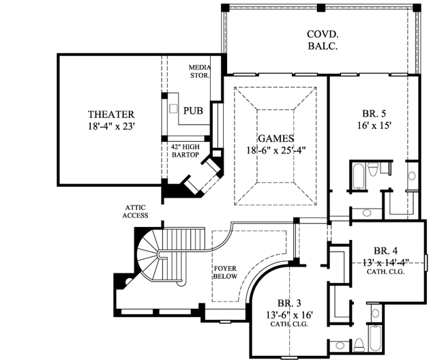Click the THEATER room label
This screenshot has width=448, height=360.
pyautogui.click(x=111, y=114)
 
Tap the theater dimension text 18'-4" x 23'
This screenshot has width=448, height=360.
pyautogui.click(x=111, y=126)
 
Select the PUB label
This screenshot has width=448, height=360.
pyautogui.click(x=193, y=110)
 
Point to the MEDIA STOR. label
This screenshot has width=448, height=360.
pyautogui.click(x=200, y=71)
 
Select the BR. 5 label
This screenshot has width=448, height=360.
pyautogui.click(x=372, y=114)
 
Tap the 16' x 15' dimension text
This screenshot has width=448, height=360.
pyautogui.click(x=372, y=126)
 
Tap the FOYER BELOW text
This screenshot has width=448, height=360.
pyautogui.click(x=225, y=273)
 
